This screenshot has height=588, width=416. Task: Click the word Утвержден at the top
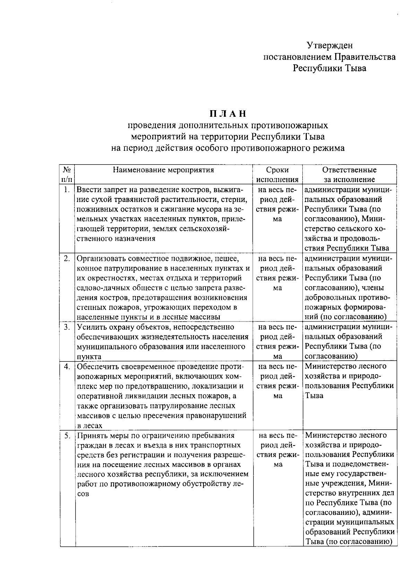tap(330, 45)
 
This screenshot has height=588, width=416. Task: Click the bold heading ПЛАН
tap(227, 114)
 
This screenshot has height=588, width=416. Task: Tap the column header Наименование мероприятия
tap(163, 170)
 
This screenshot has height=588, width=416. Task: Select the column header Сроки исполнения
tap(277, 174)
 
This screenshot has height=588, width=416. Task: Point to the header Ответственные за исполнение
tap(349, 174)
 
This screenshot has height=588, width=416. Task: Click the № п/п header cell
tap(67, 174)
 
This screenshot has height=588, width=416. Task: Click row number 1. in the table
tap(67, 190)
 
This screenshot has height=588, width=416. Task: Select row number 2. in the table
tap(67, 258)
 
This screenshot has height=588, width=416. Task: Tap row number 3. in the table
tap(67, 327)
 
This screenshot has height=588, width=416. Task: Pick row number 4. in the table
tap(67, 366)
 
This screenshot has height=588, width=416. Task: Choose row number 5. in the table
tap(67, 435)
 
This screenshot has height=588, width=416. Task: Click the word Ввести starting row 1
tap(87, 190)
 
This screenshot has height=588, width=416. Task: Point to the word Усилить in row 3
tap(90, 327)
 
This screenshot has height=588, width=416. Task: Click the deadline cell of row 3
tap(277, 341)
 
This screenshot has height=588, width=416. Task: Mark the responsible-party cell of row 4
tap(349, 381)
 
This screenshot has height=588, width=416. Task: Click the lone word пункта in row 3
tap(89, 357)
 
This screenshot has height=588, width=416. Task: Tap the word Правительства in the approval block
tap(365, 56)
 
